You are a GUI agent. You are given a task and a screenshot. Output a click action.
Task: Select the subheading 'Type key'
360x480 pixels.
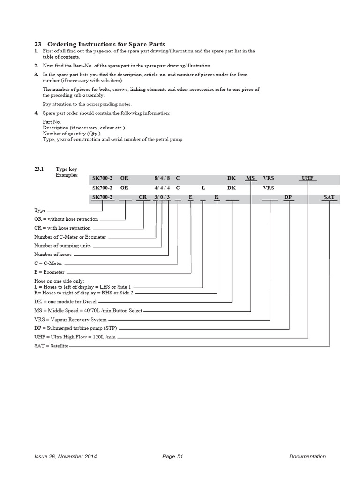[x=67, y=169]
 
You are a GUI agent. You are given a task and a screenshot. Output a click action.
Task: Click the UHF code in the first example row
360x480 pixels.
[x=307, y=179]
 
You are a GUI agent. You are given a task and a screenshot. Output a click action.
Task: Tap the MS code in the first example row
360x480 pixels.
[x=251, y=179]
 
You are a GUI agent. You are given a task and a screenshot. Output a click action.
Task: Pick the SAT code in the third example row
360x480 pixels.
[x=329, y=197]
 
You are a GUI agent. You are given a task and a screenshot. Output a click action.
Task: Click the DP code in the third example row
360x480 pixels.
[x=288, y=197]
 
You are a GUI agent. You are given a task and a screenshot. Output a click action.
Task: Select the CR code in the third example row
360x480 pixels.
[x=143, y=197]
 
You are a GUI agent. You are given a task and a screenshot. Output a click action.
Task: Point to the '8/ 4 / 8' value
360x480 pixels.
[x=162, y=179]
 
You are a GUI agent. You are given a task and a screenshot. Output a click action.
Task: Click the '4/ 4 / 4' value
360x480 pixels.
[x=162, y=188]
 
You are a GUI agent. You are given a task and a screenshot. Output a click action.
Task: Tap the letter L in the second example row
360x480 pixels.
[x=203, y=188]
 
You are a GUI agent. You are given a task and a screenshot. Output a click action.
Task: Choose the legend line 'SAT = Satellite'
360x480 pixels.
[x=52, y=346]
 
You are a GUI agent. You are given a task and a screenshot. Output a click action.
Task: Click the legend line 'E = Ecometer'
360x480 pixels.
[x=49, y=272]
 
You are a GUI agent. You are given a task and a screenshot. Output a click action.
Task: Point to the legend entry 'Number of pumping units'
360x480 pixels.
[x=62, y=246]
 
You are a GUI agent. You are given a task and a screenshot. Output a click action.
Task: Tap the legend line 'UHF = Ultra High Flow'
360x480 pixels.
[x=75, y=337]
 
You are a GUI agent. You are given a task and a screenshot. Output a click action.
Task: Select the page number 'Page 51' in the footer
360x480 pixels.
[x=172, y=456]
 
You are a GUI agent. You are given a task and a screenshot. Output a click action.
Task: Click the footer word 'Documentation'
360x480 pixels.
[x=307, y=456]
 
